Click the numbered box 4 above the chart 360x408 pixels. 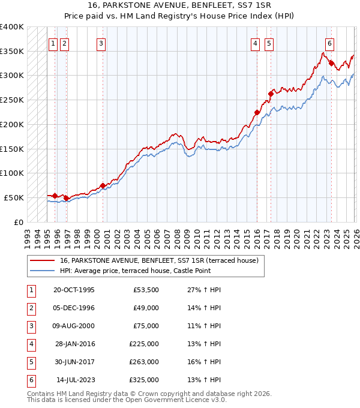pyautogui.click(x=255, y=43)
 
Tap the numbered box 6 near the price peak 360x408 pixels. pyautogui.click(x=329, y=43)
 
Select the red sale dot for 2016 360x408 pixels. pyautogui.click(x=257, y=112)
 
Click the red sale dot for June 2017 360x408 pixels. pyautogui.click(x=271, y=93)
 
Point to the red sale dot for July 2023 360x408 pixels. pyautogui.click(x=331, y=62)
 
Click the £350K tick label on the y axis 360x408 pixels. pyautogui.click(x=12, y=51)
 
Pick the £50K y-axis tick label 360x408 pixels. pyautogui.click(x=14, y=197)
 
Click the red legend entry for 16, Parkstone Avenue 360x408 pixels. pyautogui.click(x=158, y=260)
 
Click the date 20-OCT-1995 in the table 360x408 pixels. pyautogui.click(x=74, y=290)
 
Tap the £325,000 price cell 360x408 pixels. pyautogui.click(x=144, y=380)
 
